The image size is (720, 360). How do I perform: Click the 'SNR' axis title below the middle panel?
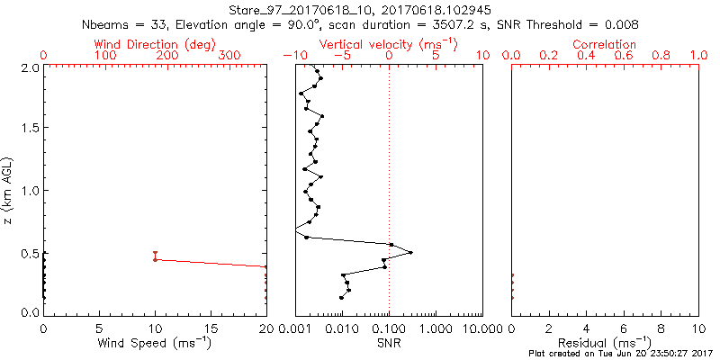(389, 343)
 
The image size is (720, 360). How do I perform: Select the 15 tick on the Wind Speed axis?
(210, 328)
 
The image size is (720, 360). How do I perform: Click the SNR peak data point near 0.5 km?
(411, 253)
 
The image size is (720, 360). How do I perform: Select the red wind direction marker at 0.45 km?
(155, 259)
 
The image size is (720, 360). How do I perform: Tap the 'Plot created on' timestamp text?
(620, 354)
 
